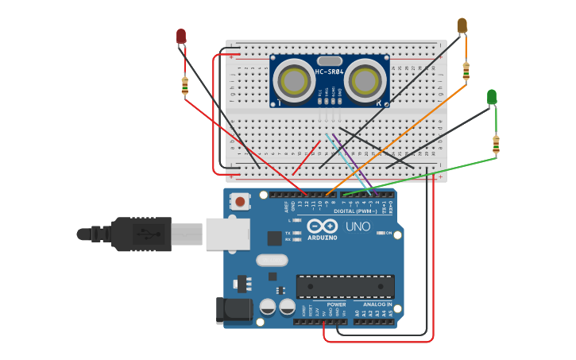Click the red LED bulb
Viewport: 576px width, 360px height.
(181, 36)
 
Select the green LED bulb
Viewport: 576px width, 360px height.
(492, 96)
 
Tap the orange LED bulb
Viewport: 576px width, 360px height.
(462, 25)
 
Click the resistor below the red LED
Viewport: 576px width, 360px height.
(185, 86)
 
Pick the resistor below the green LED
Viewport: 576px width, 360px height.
(496, 145)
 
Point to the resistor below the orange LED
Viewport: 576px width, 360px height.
(466, 72)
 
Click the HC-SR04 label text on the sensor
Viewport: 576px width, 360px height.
(329, 72)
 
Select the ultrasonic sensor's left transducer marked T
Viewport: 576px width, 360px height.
(292, 81)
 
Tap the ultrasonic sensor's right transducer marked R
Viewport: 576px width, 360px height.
(366, 81)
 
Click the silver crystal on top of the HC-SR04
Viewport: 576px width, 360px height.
(329, 60)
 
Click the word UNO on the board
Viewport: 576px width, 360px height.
(358, 226)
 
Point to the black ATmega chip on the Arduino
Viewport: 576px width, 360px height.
(345, 286)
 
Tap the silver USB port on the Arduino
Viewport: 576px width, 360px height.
(228, 234)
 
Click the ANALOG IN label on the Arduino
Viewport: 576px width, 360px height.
(377, 304)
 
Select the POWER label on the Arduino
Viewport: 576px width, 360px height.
(336, 304)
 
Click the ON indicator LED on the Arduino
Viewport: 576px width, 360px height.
(379, 233)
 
